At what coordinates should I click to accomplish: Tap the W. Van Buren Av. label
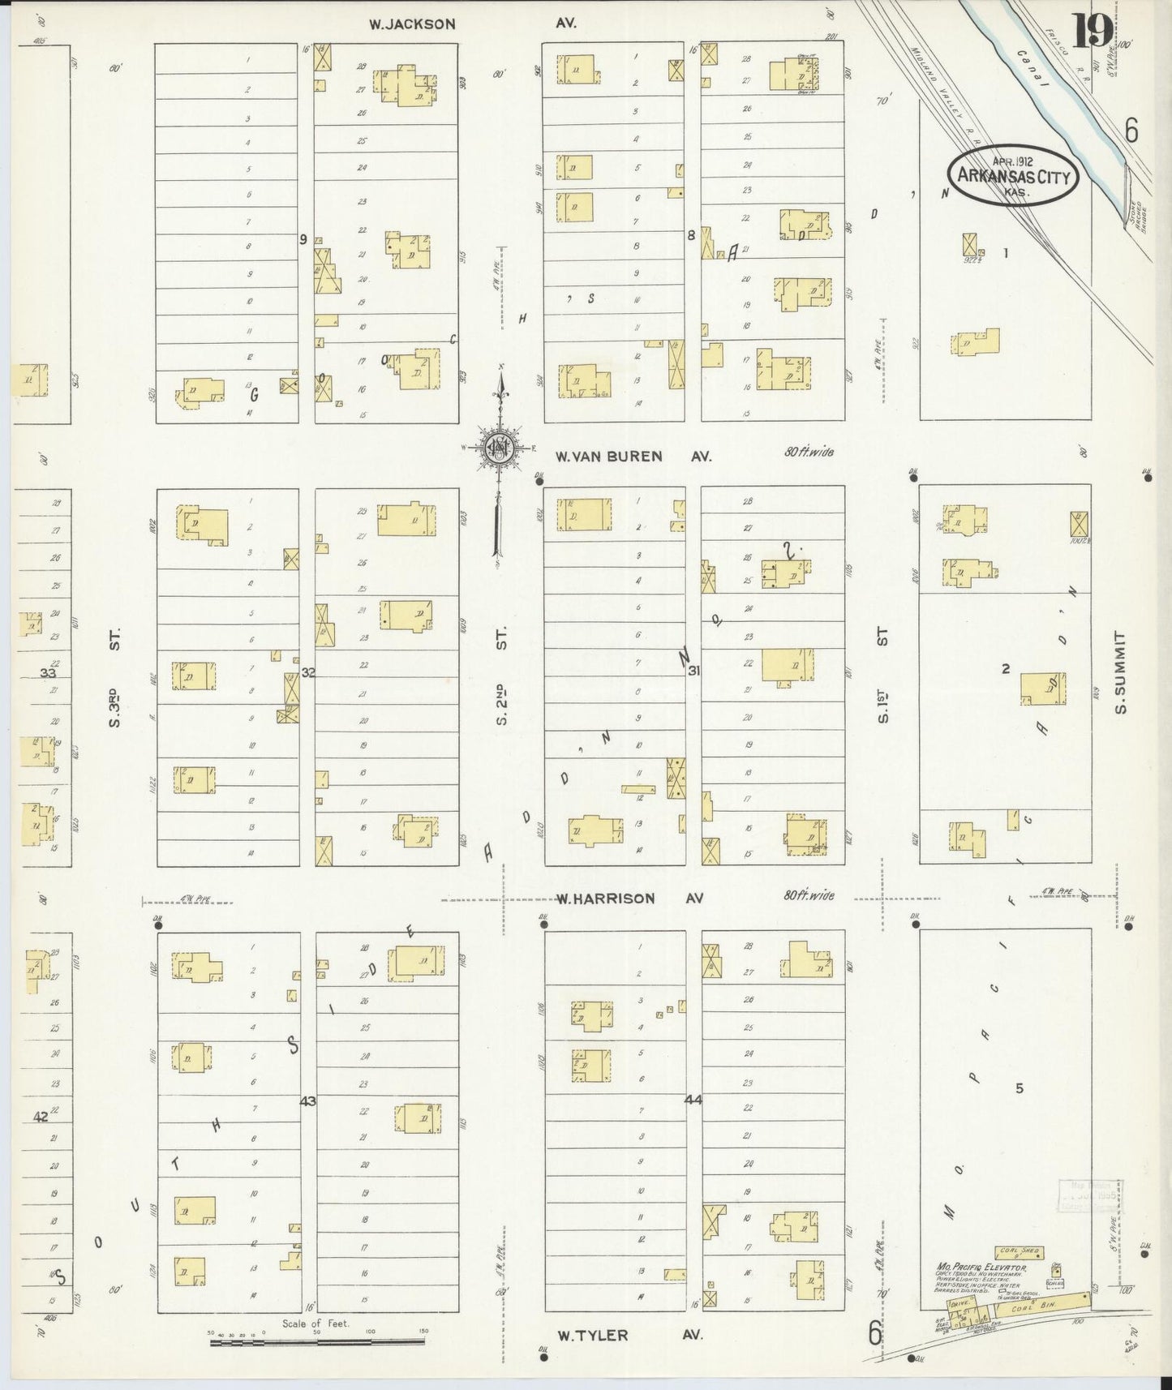632,457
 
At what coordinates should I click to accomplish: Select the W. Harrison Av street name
629,899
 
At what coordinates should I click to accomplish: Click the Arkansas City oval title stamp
1014,176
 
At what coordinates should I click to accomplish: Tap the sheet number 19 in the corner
1093,32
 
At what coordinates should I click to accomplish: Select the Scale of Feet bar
316,1342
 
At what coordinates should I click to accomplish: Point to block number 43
307,1101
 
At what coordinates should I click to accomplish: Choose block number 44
693,1100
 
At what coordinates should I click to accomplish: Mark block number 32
308,672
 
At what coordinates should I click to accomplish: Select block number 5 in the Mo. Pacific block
1020,1088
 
